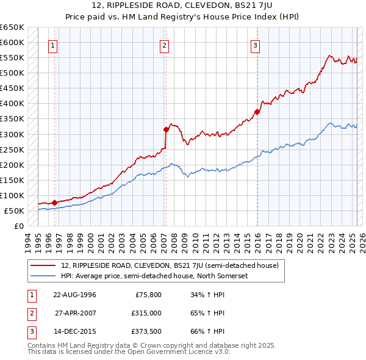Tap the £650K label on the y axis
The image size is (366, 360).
pyautogui.click(x=12, y=27)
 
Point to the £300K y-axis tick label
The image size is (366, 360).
pyautogui.click(x=12, y=134)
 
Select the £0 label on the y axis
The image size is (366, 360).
pyautogui.click(x=20, y=226)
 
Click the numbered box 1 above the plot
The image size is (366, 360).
pyautogui.click(x=53, y=45)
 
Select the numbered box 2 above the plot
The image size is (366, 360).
pyautogui.click(x=165, y=45)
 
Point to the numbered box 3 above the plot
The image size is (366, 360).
pyautogui.click(x=255, y=45)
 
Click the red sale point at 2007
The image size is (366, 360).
pyautogui.click(x=166, y=129)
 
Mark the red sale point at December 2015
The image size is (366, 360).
pyautogui.click(x=257, y=112)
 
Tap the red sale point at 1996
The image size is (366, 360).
pyautogui.click(x=54, y=203)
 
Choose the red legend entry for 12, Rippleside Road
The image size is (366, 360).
pyautogui.click(x=170, y=265)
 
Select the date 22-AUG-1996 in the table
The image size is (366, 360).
pyautogui.click(x=75, y=295)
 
